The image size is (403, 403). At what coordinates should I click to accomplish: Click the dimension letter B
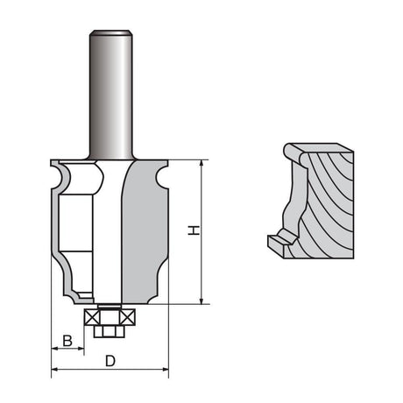[67, 340]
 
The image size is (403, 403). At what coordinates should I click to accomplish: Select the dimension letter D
[110, 360]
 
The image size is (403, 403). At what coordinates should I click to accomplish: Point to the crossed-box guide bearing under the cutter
[110, 316]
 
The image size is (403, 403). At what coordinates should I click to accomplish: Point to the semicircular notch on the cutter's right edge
[161, 181]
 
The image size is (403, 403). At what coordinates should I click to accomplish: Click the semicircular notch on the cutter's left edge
[58, 181]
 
